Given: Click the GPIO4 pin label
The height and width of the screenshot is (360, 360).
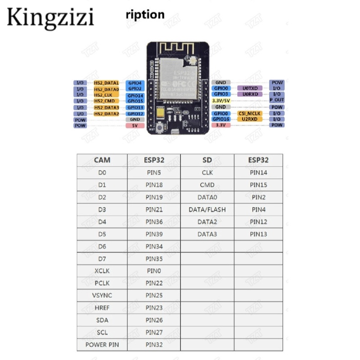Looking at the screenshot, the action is [135, 83].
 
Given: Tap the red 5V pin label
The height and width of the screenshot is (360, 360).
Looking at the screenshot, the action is [135, 126].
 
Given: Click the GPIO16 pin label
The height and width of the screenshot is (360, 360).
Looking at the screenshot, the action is [221, 119].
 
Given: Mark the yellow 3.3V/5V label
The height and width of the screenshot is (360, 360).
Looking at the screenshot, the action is [221, 101].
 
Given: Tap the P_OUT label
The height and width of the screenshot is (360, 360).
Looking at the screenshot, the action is [277, 100].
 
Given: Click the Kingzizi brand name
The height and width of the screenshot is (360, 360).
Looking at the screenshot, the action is [50, 18].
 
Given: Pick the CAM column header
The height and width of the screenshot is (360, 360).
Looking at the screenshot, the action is [102, 160].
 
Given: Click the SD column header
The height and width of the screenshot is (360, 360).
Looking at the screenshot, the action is [207, 160].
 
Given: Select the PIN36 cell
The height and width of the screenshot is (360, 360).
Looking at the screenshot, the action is [154, 222].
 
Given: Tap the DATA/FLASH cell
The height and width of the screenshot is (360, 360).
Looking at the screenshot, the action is [207, 209].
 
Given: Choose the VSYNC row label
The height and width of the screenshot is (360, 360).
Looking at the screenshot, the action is [102, 296].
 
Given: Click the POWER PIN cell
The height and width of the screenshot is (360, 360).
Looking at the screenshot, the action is [102, 345].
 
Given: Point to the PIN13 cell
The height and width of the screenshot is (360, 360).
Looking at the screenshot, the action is [258, 234].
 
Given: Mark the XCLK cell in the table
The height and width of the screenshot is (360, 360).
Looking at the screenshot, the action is [102, 271].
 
